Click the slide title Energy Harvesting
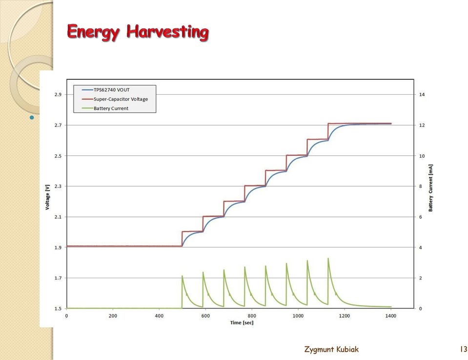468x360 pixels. pyautogui.click(x=138, y=32)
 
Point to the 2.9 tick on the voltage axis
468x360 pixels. pyautogui.click(x=58, y=94)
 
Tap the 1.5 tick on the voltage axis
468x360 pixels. pyautogui.click(x=58, y=309)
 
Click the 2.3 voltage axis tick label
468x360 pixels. pyautogui.click(x=58, y=186)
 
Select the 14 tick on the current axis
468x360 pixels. pyautogui.click(x=422, y=94)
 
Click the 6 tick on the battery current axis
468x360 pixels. pyautogui.click(x=421, y=217)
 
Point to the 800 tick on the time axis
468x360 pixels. pyautogui.click(x=252, y=316)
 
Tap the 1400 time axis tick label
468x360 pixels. pyautogui.click(x=391, y=316)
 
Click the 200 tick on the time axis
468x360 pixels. pyautogui.click(x=113, y=316)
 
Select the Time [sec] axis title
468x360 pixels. pyautogui.click(x=242, y=323)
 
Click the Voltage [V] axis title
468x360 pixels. pyautogui.click(x=47, y=197)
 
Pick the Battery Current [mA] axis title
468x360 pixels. pyautogui.click(x=430, y=188)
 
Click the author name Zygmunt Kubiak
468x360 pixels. pyautogui.click(x=331, y=349)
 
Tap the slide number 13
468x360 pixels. pyautogui.click(x=464, y=349)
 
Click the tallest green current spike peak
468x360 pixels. pyautogui.click(x=328, y=258)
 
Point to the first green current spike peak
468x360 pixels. pyautogui.click(x=182, y=276)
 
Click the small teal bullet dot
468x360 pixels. pyautogui.click(x=32, y=117)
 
